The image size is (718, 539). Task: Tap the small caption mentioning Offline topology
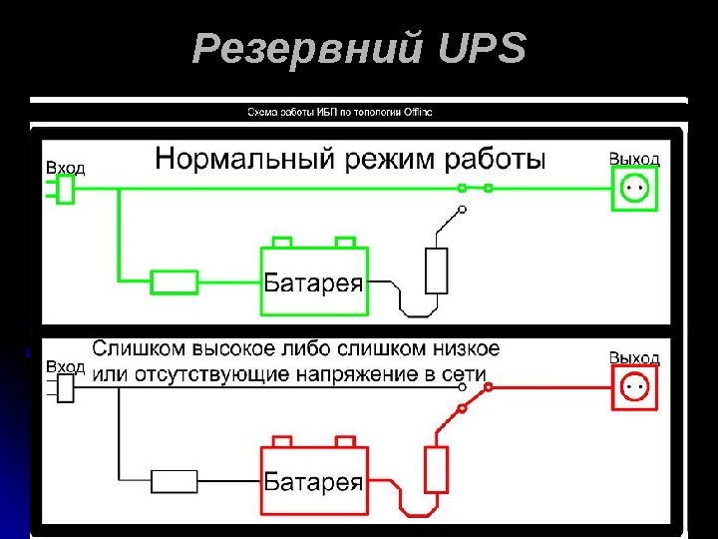340,112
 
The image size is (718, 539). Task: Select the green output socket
635,187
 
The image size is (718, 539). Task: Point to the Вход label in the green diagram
65,169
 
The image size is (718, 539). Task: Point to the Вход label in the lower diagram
65,367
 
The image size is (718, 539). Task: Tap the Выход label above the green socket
634,159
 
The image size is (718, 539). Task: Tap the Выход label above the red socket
634,357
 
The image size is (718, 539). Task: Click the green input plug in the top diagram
65,190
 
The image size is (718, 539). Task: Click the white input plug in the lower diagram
65,388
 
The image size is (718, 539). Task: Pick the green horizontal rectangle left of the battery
175,282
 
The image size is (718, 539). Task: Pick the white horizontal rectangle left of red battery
175,482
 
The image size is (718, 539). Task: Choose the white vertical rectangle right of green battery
436,269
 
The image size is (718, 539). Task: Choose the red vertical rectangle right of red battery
436,469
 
